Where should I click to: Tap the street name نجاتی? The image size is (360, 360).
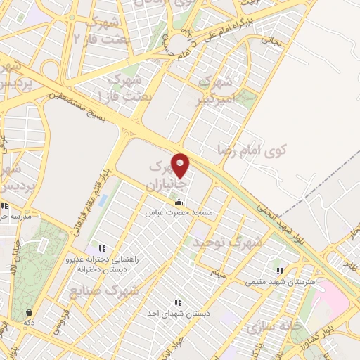tap(270, 40)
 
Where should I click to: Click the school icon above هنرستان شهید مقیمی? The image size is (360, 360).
tap(280, 271)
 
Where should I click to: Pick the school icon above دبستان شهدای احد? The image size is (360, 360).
tap(177, 303)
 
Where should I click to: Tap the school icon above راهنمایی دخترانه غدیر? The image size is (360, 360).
tap(103, 248)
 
